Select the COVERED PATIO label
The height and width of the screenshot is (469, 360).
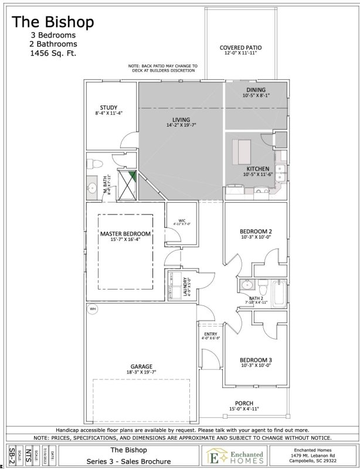(x=240, y=47)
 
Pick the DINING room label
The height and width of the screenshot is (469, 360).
(x=256, y=90)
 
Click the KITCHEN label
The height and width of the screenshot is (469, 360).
(x=257, y=169)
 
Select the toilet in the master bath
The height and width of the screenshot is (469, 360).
(x=97, y=162)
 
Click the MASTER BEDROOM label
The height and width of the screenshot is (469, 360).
(x=125, y=234)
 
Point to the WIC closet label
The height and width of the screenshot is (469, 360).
(x=182, y=221)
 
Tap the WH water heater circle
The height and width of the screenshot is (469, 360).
(x=92, y=308)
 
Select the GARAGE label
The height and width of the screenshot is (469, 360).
(x=141, y=366)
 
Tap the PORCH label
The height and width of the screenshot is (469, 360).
(x=243, y=402)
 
